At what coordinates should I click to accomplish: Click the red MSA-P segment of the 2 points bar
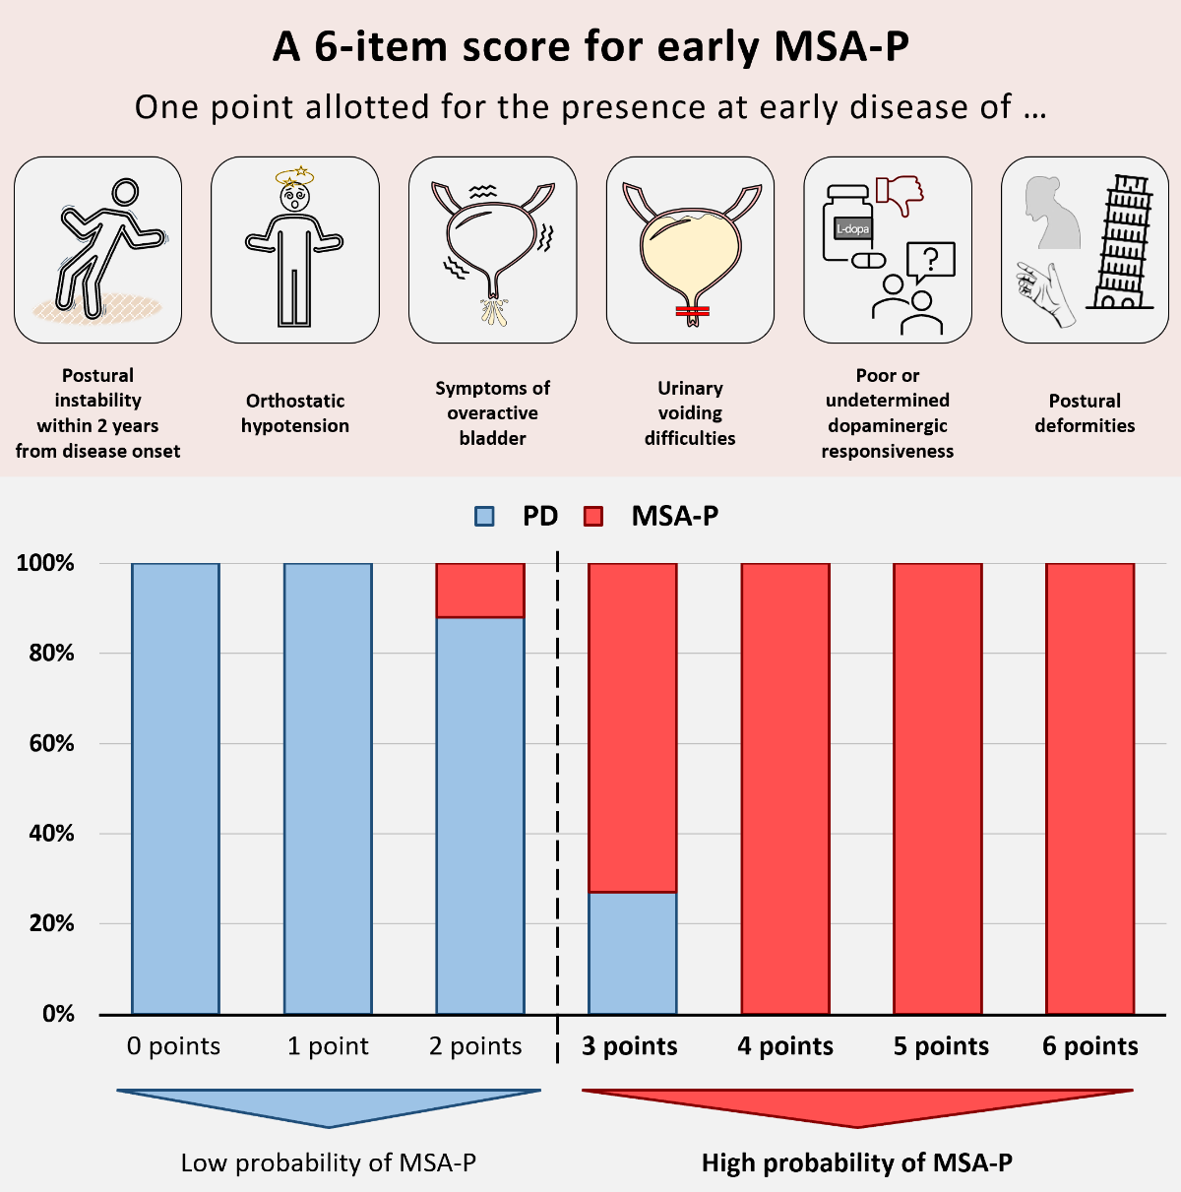[480, 591]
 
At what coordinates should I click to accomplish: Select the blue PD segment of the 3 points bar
[633, 953]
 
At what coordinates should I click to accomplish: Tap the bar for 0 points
[175, 787]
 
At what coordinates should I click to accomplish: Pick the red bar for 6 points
[1089, 787]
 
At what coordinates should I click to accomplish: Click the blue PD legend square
[484, 516]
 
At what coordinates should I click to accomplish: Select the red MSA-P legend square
[593, 516]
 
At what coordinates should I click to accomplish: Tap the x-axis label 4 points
[785, 1046]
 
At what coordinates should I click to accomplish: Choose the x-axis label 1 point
[328, 1046]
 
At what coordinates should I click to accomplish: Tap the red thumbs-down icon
[899, 194]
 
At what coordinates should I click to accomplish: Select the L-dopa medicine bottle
[848, 224]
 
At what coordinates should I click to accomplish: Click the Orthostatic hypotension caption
[295, 413]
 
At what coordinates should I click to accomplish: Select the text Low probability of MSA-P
[328, 1163]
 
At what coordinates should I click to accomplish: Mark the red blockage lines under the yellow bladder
[692, 312]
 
